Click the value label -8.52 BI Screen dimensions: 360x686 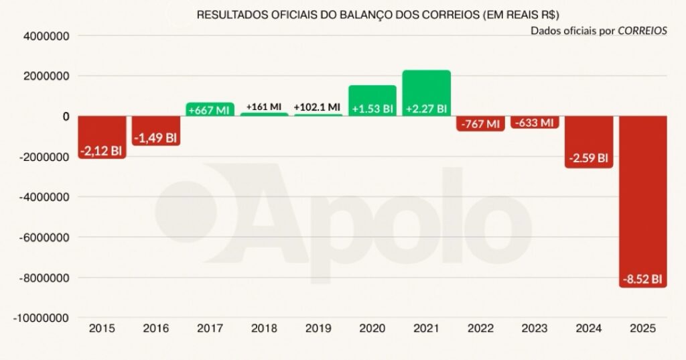[642, 279]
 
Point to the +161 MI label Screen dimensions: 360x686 [264, 107]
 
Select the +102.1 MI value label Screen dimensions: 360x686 [318, 107]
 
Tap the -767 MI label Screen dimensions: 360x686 [480, 124]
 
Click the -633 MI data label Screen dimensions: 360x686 [534, 123]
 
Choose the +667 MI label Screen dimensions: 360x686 [210, 110]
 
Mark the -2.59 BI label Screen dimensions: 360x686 [588, 159]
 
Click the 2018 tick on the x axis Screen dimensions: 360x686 [264, 328]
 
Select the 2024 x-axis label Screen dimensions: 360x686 [588, 328]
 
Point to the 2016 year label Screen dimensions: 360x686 [155, 328]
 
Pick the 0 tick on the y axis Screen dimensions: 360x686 [66, 117]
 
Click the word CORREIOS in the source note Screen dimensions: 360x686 [642, 31]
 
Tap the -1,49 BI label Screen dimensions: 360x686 [155, 138]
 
